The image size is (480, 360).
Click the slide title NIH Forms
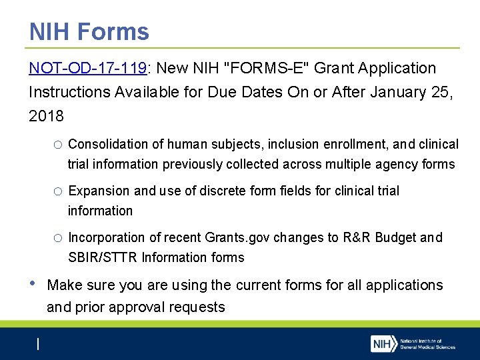tap(89, 31)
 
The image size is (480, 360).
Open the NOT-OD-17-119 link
tap(87, 68)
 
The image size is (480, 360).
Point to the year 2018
tap(47, 116)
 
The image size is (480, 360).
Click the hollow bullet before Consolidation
tap(59, 145)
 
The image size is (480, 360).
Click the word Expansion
tap(99, 191)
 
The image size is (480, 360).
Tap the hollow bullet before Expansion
tap(59, 191)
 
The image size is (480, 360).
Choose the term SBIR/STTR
tap(102, 257)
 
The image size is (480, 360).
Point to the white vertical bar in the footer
tap(38, 344)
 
